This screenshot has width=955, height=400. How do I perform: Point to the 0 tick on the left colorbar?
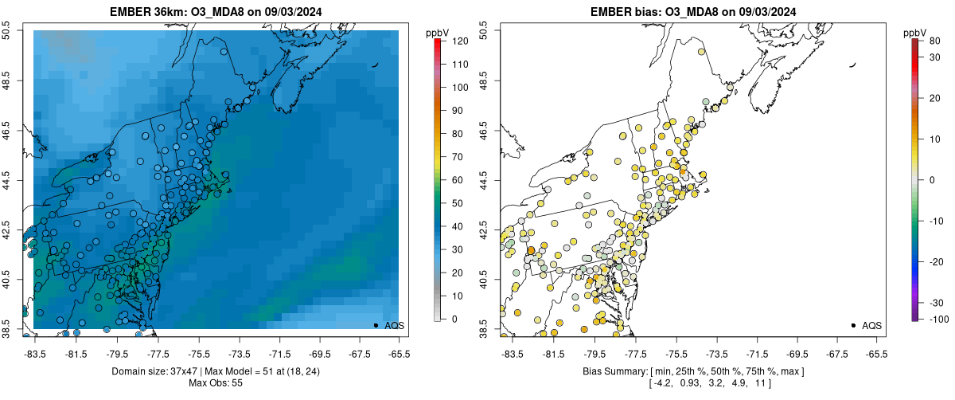[x=450, y=320]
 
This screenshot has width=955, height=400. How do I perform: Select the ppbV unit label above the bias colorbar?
[x=916, y=33]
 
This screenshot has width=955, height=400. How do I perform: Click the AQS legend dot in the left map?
[x=376, y=325]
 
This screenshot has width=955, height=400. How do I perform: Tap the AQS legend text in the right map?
[x=871, y=325]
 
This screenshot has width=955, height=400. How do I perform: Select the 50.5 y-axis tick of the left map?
[x=8, y=31]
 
